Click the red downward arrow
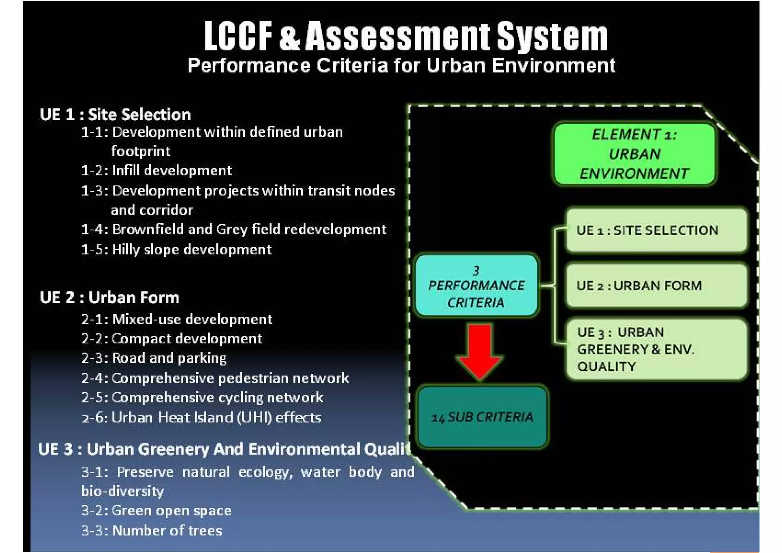pyautogui.click(x=480, y=351)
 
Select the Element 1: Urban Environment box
pyautogui.click(x=634, y=154)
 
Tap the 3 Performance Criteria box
pyautogui.click(x=477, y=286)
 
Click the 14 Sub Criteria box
pyautogui.click(x=483, y=417)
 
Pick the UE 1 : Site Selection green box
pyautogui.click(x=656, y=230)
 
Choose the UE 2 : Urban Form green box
pyautogui.click(x=656, y=286)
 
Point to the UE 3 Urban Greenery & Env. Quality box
pyautogui.click(x=656, y=349)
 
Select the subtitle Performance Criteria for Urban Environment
pyautogui.click(x=401, y=66)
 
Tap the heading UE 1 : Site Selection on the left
pyautogui.click(x=115, y=115)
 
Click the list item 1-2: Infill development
pyautogui.click(x=157, y=170)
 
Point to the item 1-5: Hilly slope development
pyautogui.click(x=176, y=250)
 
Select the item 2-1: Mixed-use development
pyautogui.click(x=177, y=319)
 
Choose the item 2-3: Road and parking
pyautogui.click(x=154, y=358)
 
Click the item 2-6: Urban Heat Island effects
pyautogui.click(x=201, y=417)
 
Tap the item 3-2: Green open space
pyautogui.click(x=156, y=511)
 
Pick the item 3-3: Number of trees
pyautogui.click(x=152, y=531)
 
